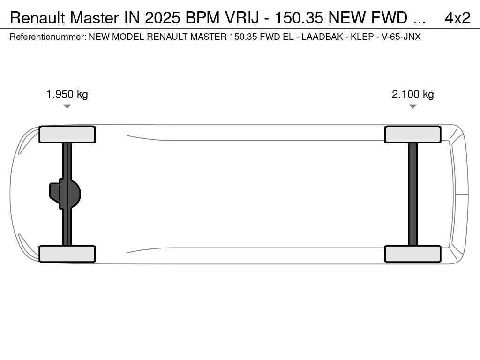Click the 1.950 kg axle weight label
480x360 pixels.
(x=67, y=94)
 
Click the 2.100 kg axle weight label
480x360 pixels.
(x=412, y=94)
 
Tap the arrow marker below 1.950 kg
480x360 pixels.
(x=67, y=106)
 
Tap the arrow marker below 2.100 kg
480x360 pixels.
(x=412, y=106)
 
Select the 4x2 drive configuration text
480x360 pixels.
(x=457, y=18)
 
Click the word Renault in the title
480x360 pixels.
(x=38, y=18)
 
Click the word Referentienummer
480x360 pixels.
(x=47, y=37)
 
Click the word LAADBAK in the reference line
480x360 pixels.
(x=322, y=37)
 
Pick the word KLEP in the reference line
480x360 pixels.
(x=363, y=37)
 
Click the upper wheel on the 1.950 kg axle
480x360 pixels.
(x=67, y=135)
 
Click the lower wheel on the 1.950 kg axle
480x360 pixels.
(x=67, y=254)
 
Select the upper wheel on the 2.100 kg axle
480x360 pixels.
(x=412, y=135)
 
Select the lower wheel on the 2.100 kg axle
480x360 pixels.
(x=412, y=254)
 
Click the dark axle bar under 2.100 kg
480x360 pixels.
(x=412, y=194)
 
